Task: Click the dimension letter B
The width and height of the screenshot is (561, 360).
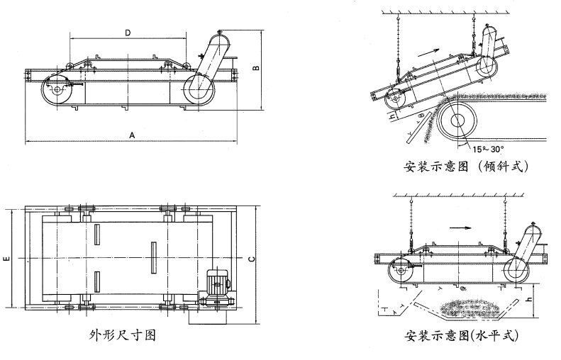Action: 256,69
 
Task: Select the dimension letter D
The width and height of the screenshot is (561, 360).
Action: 128,33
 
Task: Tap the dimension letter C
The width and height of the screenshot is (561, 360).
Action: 252,259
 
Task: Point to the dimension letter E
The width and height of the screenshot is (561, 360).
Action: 6,260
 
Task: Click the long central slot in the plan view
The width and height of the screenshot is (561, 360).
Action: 152,259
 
